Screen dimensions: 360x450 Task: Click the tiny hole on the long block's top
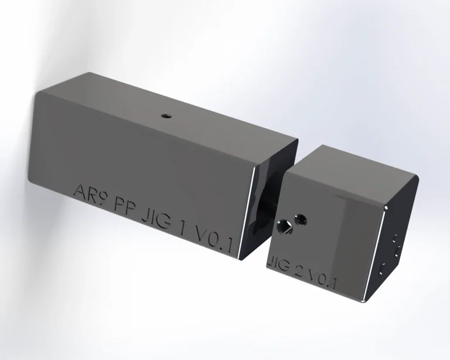(166, 116)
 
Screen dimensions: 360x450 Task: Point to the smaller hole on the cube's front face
(301, 219)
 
